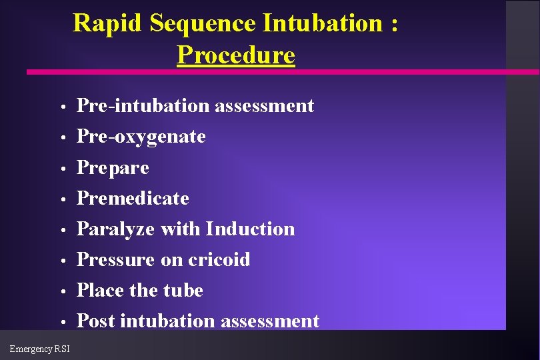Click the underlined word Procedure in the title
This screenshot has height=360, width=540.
coord(235,55)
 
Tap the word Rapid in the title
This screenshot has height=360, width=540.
coord(108,23)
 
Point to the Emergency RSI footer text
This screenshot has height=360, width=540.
coord(39,348)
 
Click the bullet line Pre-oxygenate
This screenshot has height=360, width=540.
coord(141,137)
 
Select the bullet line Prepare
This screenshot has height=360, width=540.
coord(113,167)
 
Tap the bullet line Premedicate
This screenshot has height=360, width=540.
coord(133,198)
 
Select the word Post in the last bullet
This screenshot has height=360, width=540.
coord(97,321)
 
